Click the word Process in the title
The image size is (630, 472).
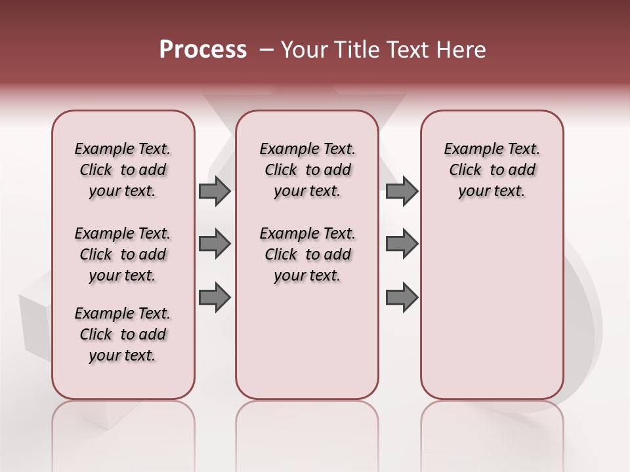(203, 50)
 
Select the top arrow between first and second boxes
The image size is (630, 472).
(215, 191)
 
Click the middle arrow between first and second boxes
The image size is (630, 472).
(215, 244)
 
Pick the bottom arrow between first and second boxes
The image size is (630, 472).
(215, 298)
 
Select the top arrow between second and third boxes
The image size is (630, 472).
(402, 191)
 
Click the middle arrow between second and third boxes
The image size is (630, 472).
(402, 244)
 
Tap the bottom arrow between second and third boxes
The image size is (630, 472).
(402, 298)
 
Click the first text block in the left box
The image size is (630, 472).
(123, 170)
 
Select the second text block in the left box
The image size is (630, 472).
(123, 254)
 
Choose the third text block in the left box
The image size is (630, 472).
(123, 334)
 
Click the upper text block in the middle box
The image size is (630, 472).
(307, 170)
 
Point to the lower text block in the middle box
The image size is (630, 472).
(307, 254)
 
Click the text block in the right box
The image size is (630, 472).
(492, 170)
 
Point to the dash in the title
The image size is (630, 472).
(266, 50)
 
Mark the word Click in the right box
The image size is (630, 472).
(465, 170)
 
